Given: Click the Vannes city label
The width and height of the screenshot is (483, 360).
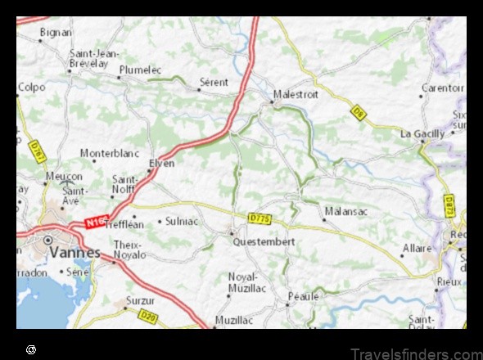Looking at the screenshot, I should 74,253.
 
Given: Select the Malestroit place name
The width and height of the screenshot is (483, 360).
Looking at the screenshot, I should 296,94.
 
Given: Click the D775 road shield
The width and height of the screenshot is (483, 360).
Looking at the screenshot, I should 260,218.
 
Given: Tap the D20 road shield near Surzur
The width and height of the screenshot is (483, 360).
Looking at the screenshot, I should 148,316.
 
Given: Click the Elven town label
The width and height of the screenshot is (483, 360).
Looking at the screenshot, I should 161,163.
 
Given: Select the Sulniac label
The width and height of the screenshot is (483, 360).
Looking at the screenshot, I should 182,221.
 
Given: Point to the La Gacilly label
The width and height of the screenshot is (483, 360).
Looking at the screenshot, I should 422,133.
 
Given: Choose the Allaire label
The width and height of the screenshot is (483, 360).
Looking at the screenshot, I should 418,247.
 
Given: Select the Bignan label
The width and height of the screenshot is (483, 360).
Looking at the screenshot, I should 56,33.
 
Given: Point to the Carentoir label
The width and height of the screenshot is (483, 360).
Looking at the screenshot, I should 442,88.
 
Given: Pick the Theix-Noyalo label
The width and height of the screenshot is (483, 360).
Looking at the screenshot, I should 128,250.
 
